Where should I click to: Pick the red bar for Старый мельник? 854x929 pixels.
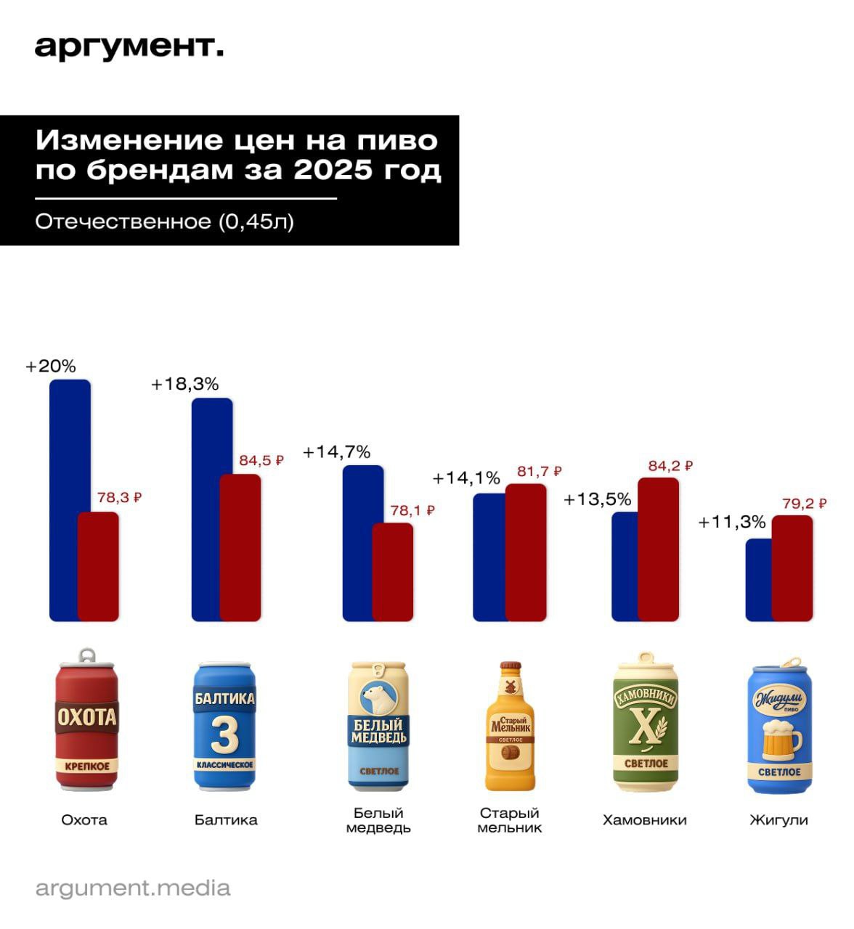point(526,552)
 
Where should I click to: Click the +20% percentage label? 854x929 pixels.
point(51,367)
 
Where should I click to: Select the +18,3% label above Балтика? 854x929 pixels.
point(184,385)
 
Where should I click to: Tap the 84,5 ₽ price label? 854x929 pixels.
point(261,461)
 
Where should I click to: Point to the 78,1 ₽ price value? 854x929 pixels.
point(412,511)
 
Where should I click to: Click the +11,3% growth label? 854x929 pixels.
point(732,522)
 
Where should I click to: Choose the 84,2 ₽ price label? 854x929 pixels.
point(670,466)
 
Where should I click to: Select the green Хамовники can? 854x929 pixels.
point(646,723)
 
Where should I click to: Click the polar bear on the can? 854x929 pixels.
point(378,697)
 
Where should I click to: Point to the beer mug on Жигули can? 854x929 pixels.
point(779,740)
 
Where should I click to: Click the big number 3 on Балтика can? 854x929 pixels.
point(224,734)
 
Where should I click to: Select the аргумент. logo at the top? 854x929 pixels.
point(129,47)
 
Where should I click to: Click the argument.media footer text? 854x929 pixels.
point(133,888)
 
